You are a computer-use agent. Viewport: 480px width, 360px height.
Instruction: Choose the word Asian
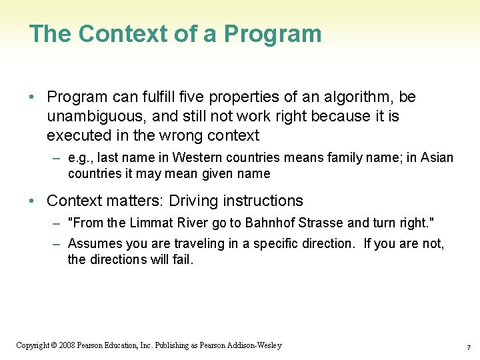(436, 158)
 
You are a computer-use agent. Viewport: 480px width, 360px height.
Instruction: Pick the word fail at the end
(181, 260)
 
